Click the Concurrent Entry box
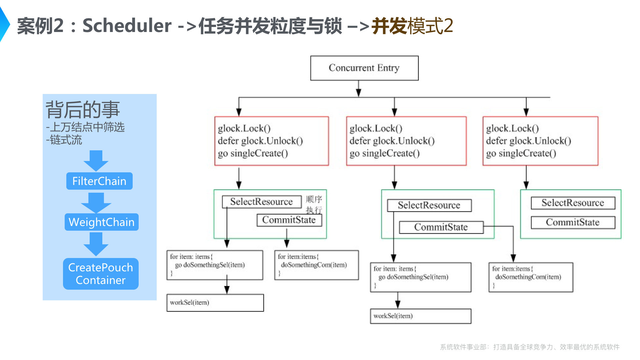point(364,68)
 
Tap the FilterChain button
point(99,181)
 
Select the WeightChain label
point(101,222)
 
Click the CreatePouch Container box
point(101,274)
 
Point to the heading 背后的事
point(82,109)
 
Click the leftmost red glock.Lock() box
point(271,141)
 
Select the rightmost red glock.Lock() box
point(540,141)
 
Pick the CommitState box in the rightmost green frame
point(572,222)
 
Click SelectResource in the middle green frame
point(429,205)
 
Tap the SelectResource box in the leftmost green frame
point(261,202)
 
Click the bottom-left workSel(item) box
point(215,303)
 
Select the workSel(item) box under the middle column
point(420,316)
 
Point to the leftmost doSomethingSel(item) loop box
point(215,265)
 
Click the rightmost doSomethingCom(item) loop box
point(531,277)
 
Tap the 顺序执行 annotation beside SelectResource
point(314,204)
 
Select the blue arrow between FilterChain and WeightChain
point(96,202)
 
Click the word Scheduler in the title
point(127,26)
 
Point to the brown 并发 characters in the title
point(389,26)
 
